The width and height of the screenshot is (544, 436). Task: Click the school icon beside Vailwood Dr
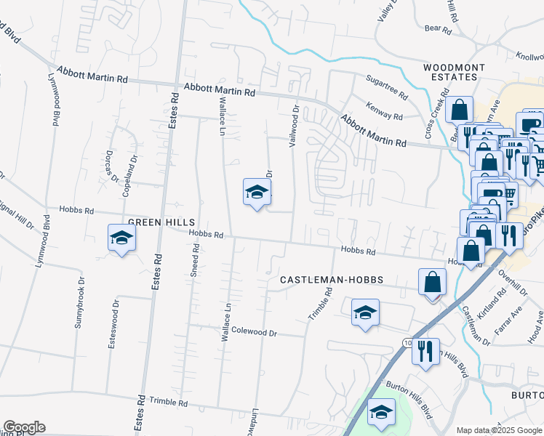(x=257, y=192)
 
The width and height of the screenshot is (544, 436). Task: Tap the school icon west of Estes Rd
(x=122, y=238)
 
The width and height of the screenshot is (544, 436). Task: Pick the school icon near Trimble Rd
(x=365, y=313)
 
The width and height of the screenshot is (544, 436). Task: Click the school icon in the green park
(x=381, y=412)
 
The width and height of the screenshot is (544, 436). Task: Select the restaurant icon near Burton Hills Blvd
(x=425, y=351)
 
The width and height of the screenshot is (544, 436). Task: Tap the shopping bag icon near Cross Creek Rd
(x=460, y=110)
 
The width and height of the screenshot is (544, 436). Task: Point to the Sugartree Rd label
(x=386, y=92)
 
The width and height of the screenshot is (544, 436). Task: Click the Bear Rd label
(x=438, y=30)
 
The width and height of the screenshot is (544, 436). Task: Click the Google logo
(x=24, y=427)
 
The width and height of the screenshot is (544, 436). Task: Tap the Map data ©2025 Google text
(x=499, y=430)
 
